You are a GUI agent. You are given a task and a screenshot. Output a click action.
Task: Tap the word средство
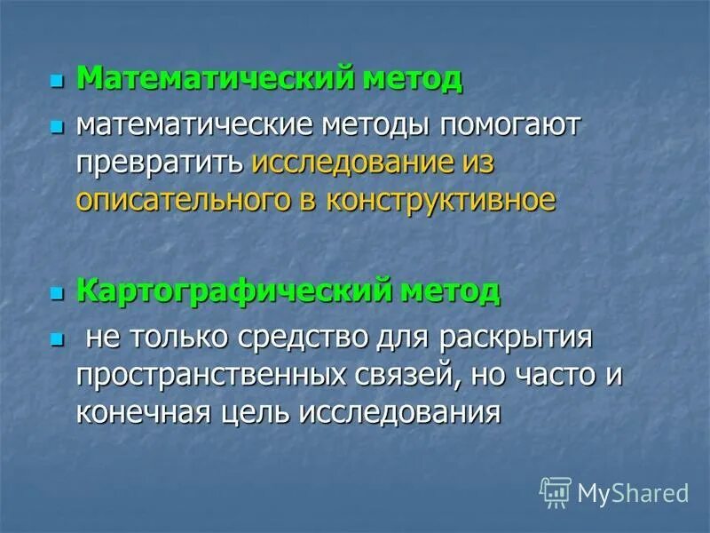pos(293,338)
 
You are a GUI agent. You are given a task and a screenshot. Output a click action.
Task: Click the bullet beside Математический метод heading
pos(58,82)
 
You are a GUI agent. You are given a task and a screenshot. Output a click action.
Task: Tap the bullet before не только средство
pos(58,339)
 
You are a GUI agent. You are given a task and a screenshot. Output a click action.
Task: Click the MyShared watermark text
pos(633,491)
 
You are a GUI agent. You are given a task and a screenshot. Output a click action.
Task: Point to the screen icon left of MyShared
pos(556,491)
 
